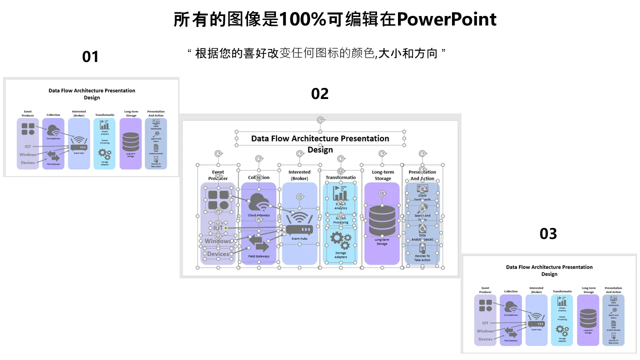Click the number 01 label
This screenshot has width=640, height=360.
[90, 57]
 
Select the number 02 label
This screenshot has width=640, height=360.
[320, 93]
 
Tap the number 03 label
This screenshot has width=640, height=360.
[548, 233]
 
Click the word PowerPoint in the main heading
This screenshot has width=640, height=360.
[446, 19]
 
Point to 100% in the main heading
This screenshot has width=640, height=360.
[303, 19]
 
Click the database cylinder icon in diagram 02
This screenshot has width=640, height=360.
[381, 220]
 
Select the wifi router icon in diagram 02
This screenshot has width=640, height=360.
[299, 224]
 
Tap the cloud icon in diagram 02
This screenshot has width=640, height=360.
[259, 202]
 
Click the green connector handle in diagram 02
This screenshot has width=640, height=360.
[225, 228]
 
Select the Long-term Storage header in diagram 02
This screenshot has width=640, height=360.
[382, 175]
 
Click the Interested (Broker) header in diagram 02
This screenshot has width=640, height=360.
[299, 175]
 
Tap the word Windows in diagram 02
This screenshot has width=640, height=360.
[218, 241]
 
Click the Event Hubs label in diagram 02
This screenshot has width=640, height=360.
[299, 239]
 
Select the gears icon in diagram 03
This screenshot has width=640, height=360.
[562, 330]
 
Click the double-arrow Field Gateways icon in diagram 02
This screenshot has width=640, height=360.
[258, 243]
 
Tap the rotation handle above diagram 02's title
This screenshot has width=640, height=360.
[320, 120]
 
